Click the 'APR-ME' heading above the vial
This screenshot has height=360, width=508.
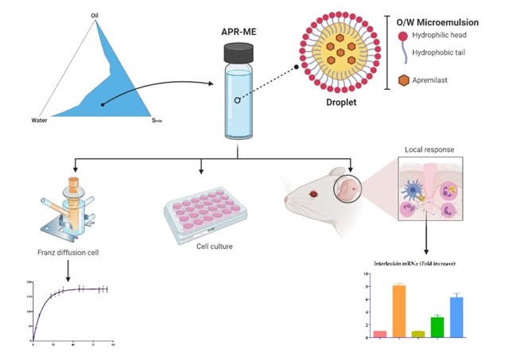tap(238, 32)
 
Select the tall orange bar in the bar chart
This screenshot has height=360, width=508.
tap(400, 311)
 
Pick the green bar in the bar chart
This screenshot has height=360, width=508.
tap(437, 327)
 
